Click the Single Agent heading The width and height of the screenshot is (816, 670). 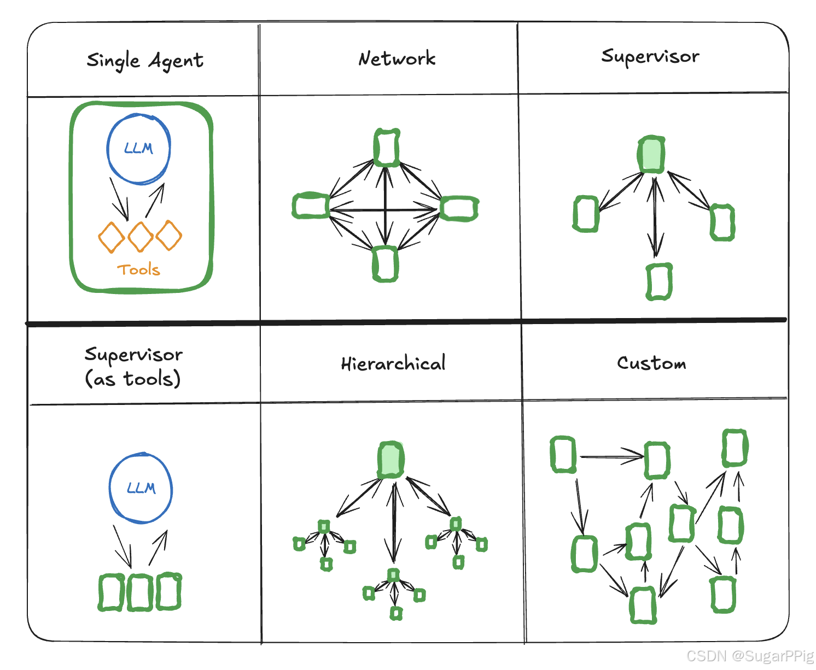(145, 61)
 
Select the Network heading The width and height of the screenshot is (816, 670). (397, 58)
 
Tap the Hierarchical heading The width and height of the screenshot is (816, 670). (393, 363)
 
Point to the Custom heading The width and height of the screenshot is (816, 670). (651, 363)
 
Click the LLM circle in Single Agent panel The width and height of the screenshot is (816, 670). (138, 149)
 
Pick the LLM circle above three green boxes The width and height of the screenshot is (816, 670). (141, 488)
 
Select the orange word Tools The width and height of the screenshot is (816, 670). (138, 269)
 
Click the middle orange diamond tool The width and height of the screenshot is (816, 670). (141, 237)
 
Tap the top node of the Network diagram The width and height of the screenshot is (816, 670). (387, 148)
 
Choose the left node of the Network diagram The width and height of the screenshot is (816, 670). (311, 206)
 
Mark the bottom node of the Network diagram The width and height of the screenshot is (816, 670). (385, 264)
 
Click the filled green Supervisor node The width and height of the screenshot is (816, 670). (651, 155)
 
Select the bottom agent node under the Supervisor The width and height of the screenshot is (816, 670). (659, 282)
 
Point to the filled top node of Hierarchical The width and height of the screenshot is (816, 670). (390, 460)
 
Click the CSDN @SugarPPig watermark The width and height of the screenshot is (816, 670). (750, 656)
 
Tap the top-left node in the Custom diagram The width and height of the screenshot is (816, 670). (563, 454)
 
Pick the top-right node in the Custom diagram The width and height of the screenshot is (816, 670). (735, 448)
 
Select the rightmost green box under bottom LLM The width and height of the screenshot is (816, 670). (168, 591)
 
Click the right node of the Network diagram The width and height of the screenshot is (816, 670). (459, 208)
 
